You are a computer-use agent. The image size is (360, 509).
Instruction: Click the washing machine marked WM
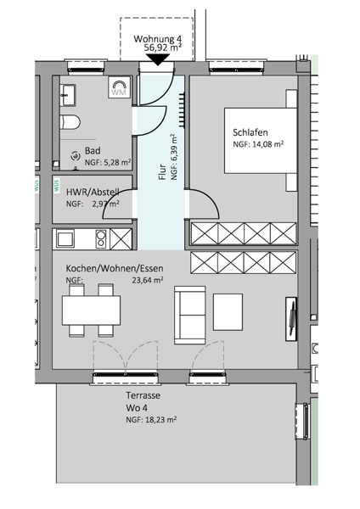click(x=119, y=87)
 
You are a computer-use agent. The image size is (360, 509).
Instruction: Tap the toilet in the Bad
click(x=70, y=122)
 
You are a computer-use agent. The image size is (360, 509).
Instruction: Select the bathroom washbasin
click(x=68, y=95)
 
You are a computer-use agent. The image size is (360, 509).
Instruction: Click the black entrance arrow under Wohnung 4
click(x=158, y=59)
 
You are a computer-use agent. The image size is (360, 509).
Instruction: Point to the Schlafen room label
click(x=250, y=132)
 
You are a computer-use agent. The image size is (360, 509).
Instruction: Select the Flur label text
click(x=161, y=172)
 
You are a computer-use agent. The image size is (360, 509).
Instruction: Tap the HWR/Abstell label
click(x=93, y=192)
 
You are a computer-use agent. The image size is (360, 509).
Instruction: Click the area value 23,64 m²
click(x=148, y=280)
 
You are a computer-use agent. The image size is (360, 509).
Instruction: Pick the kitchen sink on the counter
click(x=65, y=238)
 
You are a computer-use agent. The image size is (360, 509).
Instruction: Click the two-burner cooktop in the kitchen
click(x=101, y=238)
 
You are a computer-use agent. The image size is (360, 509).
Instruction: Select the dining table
click(x=92, y=310)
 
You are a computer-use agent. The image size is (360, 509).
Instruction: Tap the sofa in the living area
click(x=189, y=315)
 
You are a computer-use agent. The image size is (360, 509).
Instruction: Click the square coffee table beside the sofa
click(x=228, y=311)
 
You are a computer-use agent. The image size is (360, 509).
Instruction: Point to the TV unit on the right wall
click(x=291, y=319)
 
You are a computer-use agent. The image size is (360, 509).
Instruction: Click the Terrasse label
click(x=143, y=395)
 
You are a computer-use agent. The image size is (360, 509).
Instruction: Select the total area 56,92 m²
click(x=162, y=48)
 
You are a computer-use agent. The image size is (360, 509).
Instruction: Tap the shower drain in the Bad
click(x=76, y=156)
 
